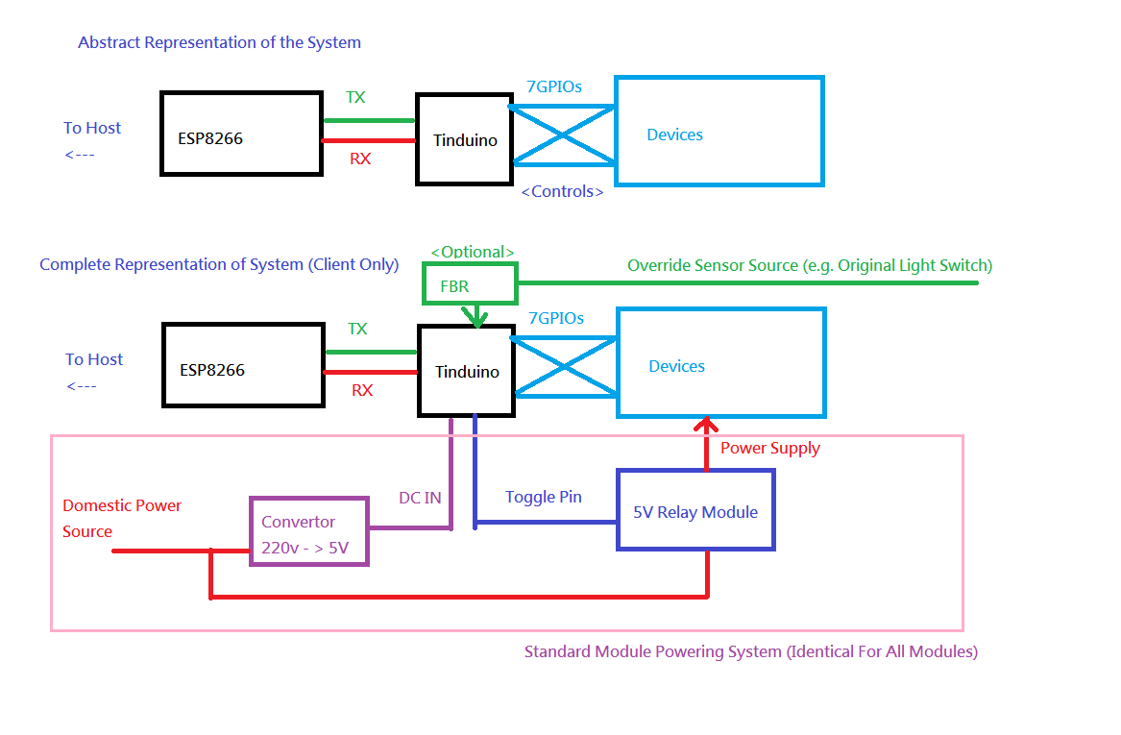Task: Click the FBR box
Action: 470,285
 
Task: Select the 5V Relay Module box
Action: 695,510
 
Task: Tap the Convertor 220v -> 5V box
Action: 308,531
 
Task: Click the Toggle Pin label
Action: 544,497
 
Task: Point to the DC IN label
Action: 420,498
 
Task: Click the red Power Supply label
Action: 770,448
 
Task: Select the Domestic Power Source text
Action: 122,518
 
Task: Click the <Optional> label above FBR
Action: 472,252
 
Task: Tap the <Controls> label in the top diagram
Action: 562,191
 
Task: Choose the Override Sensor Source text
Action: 809,265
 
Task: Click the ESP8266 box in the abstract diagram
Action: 240,134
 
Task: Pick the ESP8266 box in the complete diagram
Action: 242,364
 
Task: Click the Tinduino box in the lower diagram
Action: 467,371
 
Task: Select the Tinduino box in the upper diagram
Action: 464,139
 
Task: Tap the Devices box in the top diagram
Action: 719,131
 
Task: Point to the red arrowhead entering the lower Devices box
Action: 707,425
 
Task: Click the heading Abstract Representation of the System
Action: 219,42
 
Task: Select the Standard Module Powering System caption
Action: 750,651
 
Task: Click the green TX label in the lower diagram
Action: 357,329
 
